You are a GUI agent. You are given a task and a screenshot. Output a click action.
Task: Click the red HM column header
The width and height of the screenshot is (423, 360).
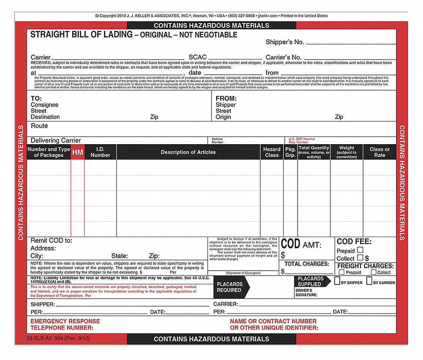click(x=78, y=152)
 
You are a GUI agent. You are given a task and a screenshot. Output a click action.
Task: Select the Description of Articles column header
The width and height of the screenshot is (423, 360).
click(x=188, y=152)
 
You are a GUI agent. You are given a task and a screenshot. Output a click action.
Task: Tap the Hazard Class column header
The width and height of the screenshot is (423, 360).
click(x=271, y=152)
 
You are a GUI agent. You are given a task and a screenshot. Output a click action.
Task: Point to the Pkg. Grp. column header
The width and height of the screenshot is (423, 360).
click(x=290, y=152)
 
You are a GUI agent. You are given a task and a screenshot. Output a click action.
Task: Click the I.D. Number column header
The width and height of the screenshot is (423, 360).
click(x=100, y=152)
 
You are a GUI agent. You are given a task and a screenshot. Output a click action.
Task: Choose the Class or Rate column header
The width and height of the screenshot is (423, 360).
click(x=379, y=152)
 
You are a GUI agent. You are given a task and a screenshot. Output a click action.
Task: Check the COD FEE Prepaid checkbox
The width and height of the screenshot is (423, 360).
click(x=360, y=250)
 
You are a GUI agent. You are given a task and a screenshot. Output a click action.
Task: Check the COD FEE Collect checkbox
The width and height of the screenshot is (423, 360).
click(x=360, y=258)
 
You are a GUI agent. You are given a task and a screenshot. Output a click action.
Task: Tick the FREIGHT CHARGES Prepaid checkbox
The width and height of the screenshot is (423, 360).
click(x=342, y=272)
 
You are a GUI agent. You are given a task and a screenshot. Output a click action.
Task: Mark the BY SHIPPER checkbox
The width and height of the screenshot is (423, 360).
click(x=337, y=281)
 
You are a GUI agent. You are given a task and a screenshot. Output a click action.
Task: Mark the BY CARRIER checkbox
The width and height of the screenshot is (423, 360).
click(x=369, y=281)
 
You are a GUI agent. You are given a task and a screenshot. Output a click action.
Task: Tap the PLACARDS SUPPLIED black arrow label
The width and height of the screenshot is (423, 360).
click(x=311, y=281)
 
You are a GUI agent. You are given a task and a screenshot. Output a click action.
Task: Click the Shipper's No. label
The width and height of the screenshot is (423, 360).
click(x=285, y=42)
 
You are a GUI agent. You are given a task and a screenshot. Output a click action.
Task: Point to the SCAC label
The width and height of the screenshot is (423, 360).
click(x=198, y=57)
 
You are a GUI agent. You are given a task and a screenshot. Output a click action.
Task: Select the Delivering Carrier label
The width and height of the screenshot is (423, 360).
click(x=56, y=140)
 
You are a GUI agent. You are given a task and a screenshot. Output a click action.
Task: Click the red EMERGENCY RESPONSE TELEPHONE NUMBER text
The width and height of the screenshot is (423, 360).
click(x=65, y=324)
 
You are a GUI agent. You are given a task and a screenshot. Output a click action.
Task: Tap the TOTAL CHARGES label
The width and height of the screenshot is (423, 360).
click(x=306, y=264)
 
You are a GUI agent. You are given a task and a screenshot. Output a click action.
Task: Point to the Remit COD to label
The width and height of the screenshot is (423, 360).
click(x=51, y=240)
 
